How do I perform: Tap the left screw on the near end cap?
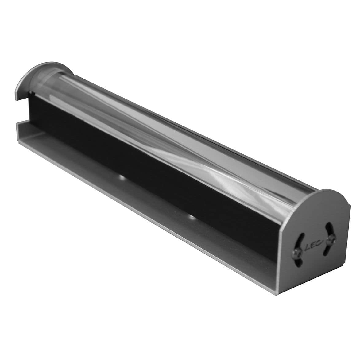pyautogui.click(x=298, y=252)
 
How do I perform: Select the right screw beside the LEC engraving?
pyautogui.click(x=331, y=239)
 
